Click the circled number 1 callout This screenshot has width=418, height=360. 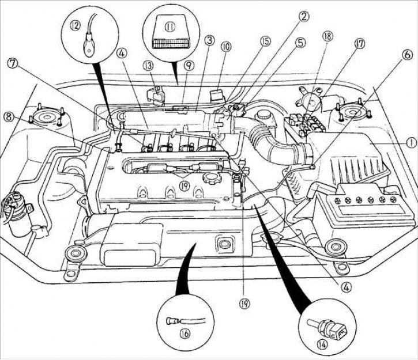395,141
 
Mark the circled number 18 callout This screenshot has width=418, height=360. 327,37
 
